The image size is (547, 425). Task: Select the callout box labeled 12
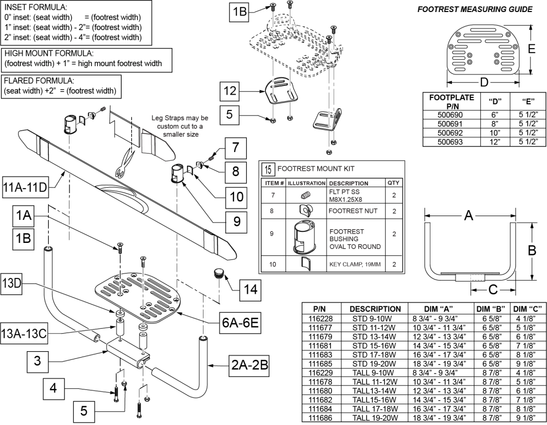point(230,92)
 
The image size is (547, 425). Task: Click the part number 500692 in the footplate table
point(444,132)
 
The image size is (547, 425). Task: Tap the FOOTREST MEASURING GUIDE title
point(474,9)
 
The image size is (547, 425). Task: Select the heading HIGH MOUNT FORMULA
point(49,54)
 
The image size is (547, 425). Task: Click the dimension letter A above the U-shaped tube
point(468,216)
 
